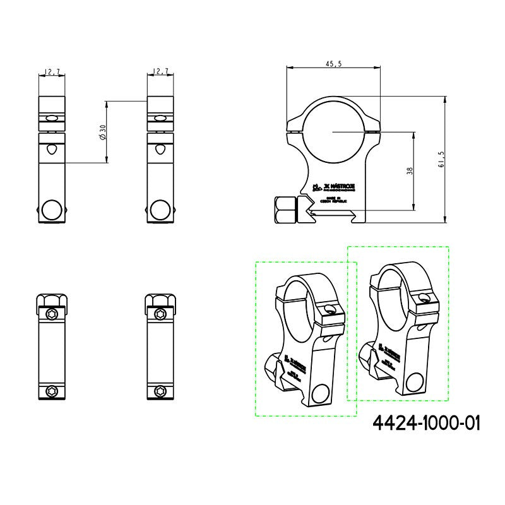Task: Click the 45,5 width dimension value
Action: (334, 64)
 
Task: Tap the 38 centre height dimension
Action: (410, 171)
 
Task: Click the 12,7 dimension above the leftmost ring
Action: (52, 73)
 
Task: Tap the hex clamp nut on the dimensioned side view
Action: (284, 208)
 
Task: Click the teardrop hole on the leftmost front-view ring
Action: (52, 150)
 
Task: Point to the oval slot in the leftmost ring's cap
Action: (52, 118)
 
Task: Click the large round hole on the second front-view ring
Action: (160, 210)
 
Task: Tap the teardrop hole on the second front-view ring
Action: (160, 150)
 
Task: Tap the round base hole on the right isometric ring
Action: (415, 382)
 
